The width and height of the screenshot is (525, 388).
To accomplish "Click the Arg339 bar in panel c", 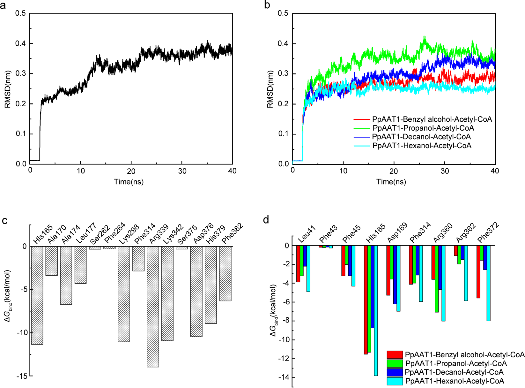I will (153, 307).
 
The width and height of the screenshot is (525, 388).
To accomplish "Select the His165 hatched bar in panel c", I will (37, 295).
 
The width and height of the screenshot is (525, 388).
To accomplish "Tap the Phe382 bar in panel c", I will (225, 273).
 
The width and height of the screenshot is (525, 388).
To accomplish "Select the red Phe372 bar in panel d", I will (478, 272).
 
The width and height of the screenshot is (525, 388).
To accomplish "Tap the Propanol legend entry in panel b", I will (423, 128).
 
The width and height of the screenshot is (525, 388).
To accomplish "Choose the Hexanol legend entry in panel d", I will (454, 381).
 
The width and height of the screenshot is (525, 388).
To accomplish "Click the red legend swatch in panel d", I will (395, 355).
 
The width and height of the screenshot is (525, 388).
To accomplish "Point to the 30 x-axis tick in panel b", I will (444, 171).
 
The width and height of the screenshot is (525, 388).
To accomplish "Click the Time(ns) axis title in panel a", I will (129, 182).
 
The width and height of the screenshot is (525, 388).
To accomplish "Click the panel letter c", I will (4, 220).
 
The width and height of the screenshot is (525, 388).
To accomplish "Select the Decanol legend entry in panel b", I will (421, 137).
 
